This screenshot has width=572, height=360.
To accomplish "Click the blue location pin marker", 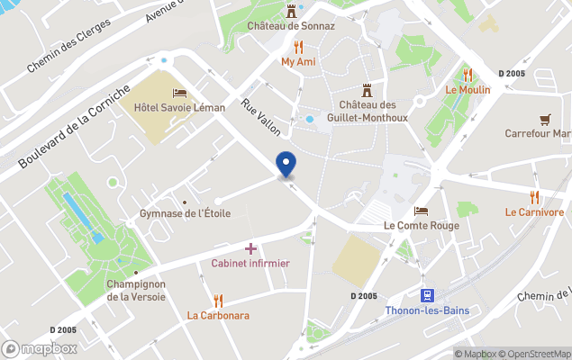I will (x=286, y=164).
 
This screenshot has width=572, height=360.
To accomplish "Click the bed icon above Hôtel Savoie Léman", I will (x=179, y=93).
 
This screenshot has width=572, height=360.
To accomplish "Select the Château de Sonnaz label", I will (x=291, y=26).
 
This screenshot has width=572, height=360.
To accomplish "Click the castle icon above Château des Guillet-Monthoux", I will (x=368, y=90).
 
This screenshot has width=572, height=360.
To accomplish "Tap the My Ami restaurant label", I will (x=298, y=62).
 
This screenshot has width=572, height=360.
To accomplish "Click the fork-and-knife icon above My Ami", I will (x=298, y=47).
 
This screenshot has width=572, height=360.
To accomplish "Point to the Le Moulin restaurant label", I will (x=466, y=90).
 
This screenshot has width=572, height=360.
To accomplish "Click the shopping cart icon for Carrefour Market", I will (x=544, y=119).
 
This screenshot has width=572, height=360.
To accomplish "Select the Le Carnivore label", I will (x=534, y=212).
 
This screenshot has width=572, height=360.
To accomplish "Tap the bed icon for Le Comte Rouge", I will (x=421, y=211).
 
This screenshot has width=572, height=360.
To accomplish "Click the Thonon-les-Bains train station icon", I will (x=427, y=294).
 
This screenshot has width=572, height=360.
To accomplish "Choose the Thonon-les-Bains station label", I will (x=427, y=310).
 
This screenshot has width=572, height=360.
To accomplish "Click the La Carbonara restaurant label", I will (x=218, y=316).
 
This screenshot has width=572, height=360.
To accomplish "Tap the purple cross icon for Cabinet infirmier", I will (x=250, y=247).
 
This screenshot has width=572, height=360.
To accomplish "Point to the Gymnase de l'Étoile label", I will (x=186, y=213).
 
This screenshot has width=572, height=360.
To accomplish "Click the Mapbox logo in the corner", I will (x=40, y=348).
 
